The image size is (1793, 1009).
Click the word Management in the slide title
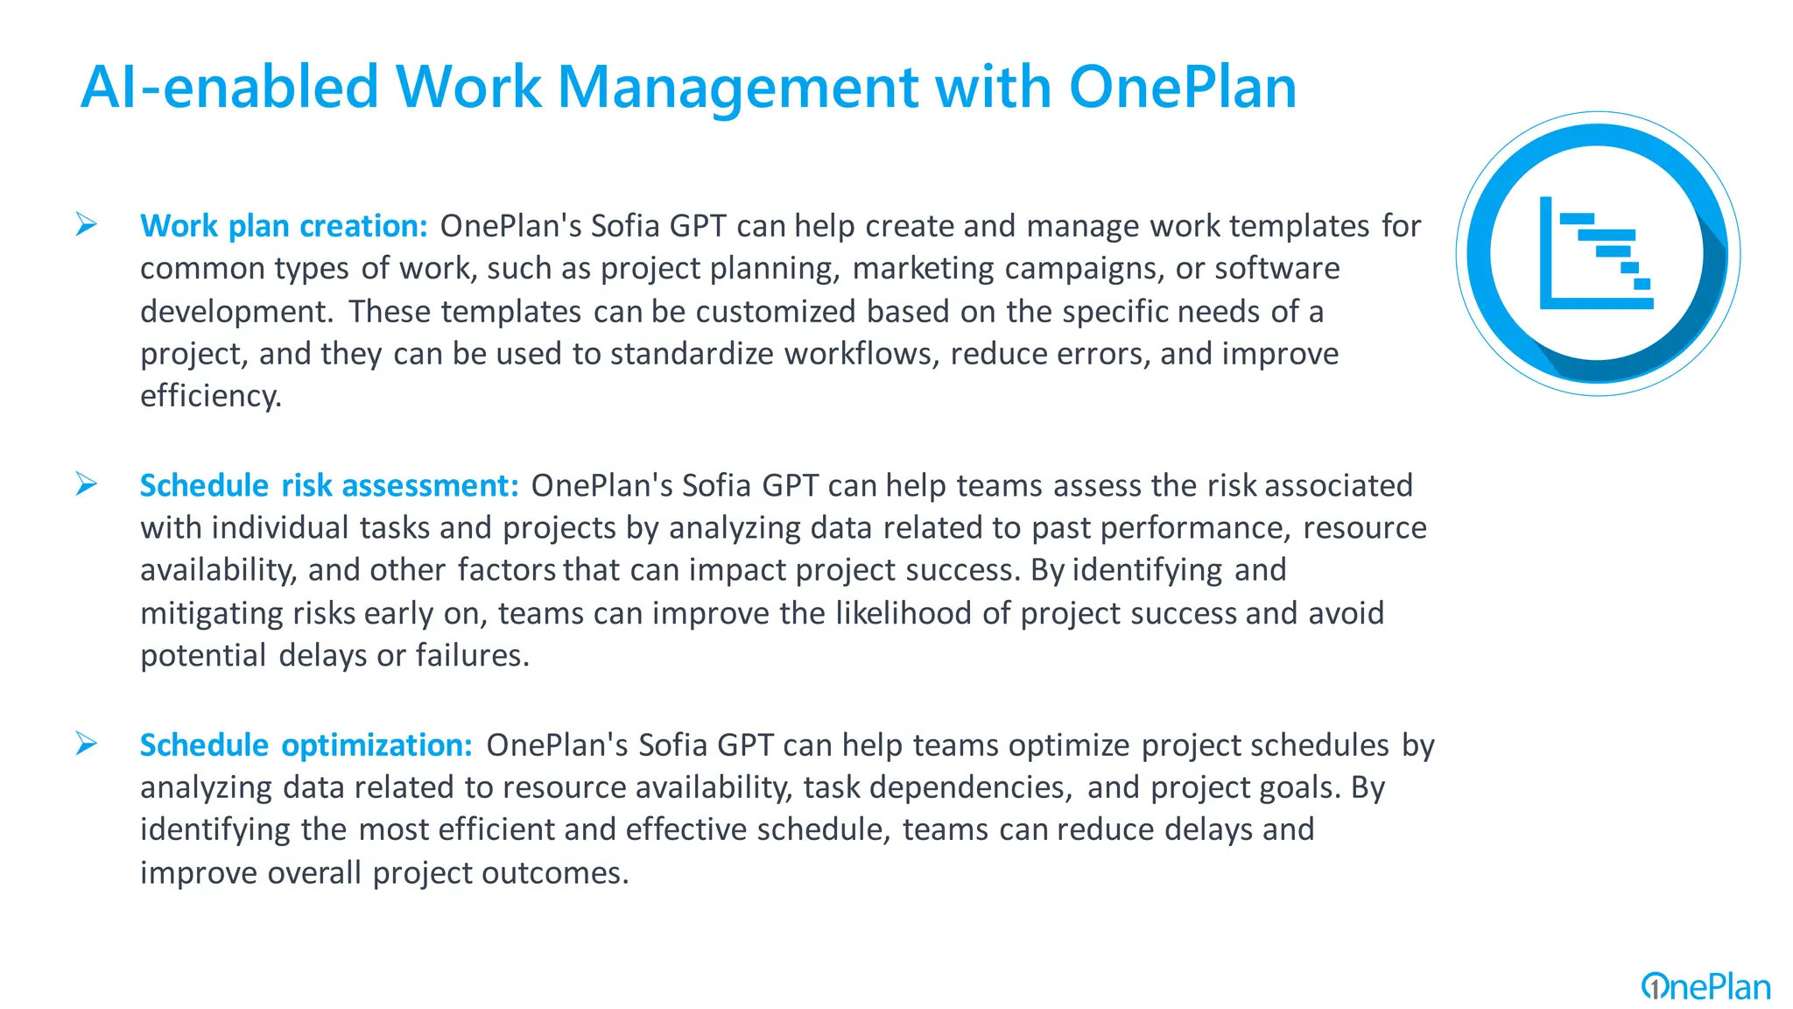[x=737, y=88]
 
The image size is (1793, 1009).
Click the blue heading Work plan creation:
[x=284, y=226]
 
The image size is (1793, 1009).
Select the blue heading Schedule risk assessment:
[x=329, y=485]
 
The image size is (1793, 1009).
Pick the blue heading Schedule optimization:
[x=306, y=745]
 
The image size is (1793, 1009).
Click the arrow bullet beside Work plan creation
[x=86, y=224]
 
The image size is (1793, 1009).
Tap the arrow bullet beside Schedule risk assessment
[x=86, y=483]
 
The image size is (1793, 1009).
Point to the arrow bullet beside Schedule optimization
[x=86, y=744]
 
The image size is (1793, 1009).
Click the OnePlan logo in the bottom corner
[x=1705, y=987]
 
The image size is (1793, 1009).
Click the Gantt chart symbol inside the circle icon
[x=1596, y=253]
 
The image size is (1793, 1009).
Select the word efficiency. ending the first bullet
[x=211, y=396]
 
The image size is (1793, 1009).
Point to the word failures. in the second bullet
[x=472, y=655]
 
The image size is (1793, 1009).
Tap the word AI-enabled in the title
[x=229, y=88]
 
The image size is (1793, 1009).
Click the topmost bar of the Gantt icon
[x=1577, y=218]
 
